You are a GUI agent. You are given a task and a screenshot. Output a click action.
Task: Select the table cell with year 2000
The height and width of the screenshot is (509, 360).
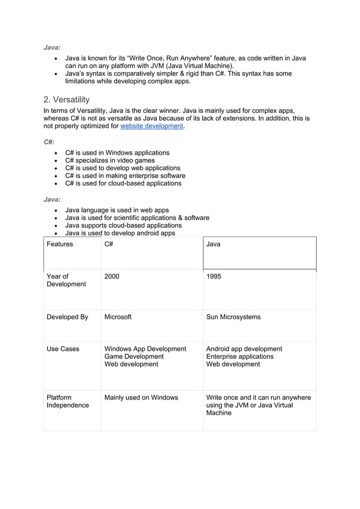coord(112,277)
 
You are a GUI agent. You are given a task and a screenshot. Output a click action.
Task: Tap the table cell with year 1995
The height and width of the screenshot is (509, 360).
coord(214,277)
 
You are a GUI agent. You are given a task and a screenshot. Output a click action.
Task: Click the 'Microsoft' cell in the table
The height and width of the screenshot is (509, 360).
coord(118,317)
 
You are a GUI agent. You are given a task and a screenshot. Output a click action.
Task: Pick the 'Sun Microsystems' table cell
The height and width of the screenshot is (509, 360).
coord(234,317)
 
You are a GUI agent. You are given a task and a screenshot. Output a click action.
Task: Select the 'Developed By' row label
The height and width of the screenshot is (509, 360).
coord(67,317)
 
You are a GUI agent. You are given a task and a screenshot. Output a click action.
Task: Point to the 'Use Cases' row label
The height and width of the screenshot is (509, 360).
coord(63,349)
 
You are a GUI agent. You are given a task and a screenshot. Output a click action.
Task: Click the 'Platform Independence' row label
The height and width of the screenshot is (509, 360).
coord(67,402)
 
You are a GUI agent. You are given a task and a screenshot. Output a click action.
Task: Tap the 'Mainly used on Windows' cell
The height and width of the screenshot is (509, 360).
coord(141,398)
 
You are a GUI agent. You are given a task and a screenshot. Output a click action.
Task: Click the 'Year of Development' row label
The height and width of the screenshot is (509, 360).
coord(66,280)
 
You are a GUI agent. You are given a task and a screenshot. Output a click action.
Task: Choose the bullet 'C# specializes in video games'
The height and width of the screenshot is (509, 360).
coord(109,161)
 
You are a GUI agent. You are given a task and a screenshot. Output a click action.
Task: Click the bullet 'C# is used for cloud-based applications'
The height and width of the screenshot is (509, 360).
coord(123,183)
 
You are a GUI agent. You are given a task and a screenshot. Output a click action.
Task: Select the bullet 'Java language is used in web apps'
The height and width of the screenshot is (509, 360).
coord(117,210)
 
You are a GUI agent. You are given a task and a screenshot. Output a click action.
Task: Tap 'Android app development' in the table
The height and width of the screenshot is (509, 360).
coord(244,349)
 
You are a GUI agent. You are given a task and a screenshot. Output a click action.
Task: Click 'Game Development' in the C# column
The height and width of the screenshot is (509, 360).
coord(134,357)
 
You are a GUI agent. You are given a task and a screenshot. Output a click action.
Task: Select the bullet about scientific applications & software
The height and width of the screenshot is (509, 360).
coord(137,218)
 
